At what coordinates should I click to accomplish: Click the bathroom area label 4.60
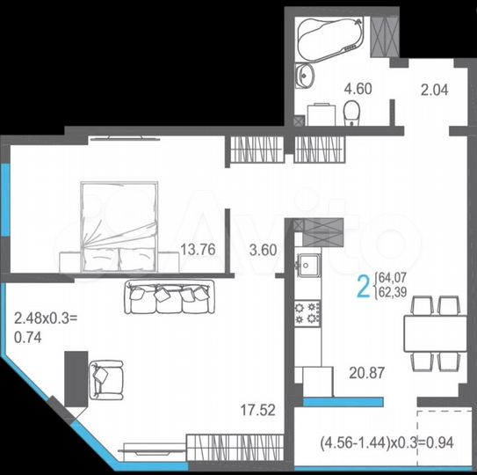pos(332,88)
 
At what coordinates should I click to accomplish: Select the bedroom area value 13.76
pos(197,249)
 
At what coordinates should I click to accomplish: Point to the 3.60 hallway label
pos(263,249)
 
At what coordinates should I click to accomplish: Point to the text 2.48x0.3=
pos(45,316)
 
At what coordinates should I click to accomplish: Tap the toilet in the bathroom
pos(351,112)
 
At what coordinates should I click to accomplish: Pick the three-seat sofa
pos(170,297)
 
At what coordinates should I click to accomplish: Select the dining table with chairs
pos(435,332)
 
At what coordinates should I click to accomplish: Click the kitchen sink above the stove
pos(308,263)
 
